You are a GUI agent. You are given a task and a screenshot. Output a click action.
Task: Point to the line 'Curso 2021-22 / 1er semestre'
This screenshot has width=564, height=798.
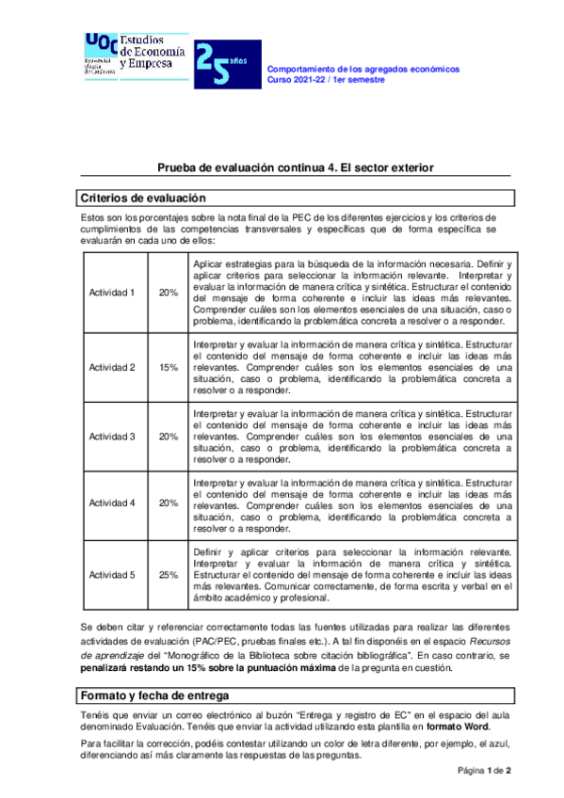(327, 80)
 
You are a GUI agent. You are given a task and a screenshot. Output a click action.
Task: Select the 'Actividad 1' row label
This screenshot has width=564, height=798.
(112, 293)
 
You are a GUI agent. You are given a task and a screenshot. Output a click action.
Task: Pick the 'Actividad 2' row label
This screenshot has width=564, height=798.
(112, 367)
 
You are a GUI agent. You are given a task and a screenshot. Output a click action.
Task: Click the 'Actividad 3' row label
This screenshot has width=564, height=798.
(112, 436)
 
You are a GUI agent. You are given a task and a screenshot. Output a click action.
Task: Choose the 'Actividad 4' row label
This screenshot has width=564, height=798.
(112, 503)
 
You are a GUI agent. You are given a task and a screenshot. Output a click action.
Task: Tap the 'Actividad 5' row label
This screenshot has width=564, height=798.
(112, 575)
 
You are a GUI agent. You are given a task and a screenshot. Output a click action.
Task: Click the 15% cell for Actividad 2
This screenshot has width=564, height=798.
(169, 367)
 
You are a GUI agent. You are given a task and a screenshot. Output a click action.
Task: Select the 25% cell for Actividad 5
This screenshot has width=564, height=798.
(169, 575)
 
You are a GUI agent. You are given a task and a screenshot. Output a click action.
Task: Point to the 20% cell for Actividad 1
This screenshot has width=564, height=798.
(169, 293)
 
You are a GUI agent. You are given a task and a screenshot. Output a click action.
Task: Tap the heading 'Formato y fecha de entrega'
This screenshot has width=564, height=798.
(154, 695)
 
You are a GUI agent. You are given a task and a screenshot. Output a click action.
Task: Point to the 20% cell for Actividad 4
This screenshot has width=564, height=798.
(169, 503)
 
